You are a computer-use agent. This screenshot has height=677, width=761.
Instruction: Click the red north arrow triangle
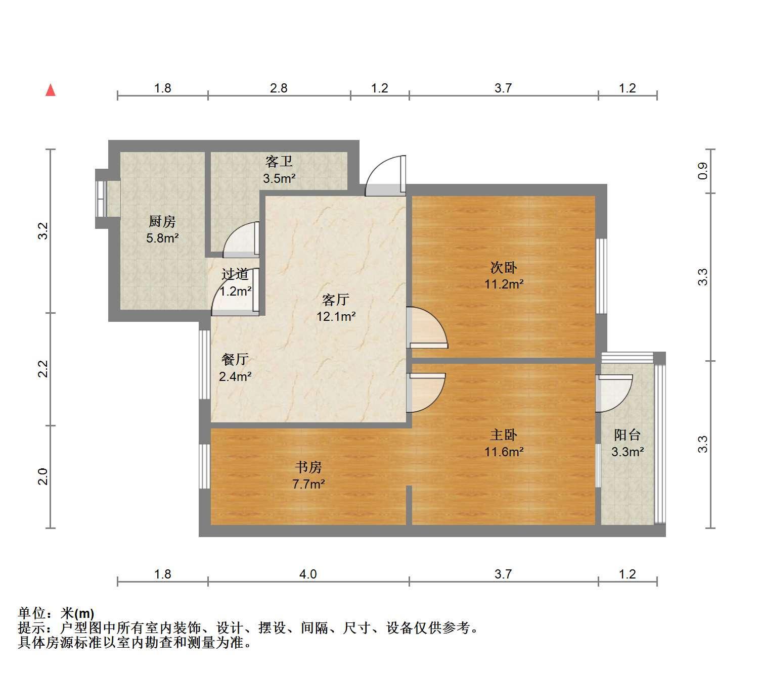51,90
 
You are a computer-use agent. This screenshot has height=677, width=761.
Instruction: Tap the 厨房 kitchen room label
162,221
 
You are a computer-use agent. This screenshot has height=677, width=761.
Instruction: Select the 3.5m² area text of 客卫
279,178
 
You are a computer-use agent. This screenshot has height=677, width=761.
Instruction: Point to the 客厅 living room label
336,300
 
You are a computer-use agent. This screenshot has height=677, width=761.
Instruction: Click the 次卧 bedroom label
504,268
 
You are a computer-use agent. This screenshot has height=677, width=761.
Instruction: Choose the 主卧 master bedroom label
504,435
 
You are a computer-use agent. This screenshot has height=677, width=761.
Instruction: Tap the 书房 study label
308,467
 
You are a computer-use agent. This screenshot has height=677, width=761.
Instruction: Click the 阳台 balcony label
628,435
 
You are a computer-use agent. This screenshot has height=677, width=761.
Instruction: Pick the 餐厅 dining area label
235,360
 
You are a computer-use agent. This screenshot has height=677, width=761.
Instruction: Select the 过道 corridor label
235,274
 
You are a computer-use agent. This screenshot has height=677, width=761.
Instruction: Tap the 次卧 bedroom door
427,327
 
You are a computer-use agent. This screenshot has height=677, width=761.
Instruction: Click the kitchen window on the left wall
101,199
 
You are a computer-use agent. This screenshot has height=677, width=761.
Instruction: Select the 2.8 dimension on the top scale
279,88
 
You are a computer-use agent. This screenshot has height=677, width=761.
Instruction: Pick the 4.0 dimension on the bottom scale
308,574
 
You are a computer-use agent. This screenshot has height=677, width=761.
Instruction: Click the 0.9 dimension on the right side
703,171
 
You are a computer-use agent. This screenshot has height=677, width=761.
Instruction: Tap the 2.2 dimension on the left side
43,369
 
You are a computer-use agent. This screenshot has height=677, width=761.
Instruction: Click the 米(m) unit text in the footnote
77,613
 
